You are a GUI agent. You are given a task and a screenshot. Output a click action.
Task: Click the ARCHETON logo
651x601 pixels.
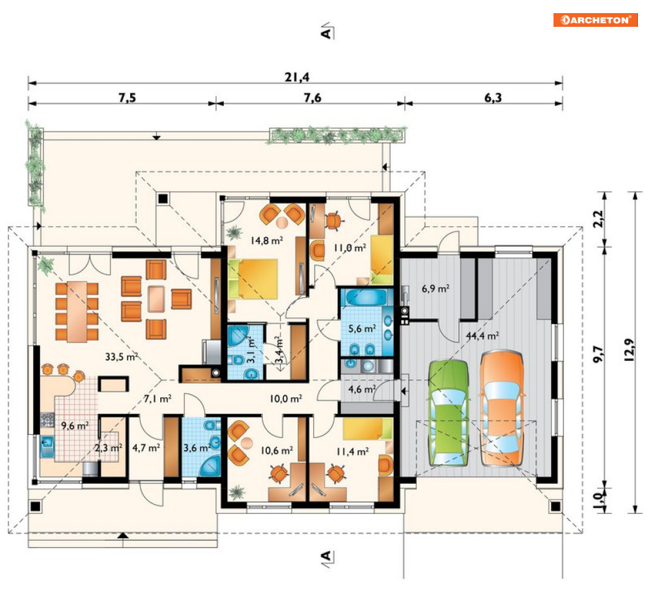click(x=595, y=20)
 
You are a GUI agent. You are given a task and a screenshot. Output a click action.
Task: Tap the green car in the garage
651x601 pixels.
click(x=449, y=413)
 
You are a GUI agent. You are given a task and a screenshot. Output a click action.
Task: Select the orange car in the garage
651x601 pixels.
click(x=502, y=409)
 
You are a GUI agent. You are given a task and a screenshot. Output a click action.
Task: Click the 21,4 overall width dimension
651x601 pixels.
click(x=297, y=77)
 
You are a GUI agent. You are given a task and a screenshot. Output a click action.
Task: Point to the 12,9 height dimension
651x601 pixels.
click(x=629, y=350)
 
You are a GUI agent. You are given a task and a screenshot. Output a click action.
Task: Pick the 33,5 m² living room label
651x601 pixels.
click(x=121, y=356)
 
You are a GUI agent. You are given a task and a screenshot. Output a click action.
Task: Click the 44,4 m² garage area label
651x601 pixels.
click(x=482, y=336)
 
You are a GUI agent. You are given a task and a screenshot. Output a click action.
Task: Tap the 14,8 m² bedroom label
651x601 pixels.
click(x=267, y=240)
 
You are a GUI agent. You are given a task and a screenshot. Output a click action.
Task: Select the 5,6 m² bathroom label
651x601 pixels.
click(x=362, y=329)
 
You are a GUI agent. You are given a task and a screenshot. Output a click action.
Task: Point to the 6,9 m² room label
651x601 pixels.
click(x=436, y=288)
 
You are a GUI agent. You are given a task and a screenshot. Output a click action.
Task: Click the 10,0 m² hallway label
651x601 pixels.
click(x=286, y=399)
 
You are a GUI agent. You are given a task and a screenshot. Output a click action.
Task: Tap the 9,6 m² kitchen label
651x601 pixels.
click(x=75, y=426)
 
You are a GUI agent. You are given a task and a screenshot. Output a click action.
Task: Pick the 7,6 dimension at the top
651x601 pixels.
click(x=312, y=98)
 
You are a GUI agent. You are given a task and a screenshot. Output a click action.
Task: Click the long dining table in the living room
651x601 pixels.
click(x=77, y=312)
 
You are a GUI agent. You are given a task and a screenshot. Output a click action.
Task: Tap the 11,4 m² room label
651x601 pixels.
click(x=353, y=452)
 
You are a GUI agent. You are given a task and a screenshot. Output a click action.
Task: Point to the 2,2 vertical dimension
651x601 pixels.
click(x=598, y=219)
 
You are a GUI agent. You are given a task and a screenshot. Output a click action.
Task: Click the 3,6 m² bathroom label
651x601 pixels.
click(x=197, y=448)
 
